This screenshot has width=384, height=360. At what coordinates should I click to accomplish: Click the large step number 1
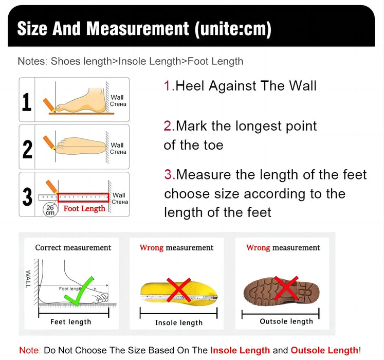[27, 101]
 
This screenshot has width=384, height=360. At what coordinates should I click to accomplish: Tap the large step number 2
[27, 149]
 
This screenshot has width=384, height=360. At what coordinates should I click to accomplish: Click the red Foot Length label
[84, 209]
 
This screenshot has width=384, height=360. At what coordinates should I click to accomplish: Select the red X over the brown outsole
[286, 289]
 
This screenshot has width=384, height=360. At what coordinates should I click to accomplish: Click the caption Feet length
[70, 322]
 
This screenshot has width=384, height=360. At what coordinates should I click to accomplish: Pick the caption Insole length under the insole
[178, 323]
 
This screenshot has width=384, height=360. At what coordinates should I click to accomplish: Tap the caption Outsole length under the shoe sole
[286, 321]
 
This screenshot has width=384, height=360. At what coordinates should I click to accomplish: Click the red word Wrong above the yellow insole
[151, 247]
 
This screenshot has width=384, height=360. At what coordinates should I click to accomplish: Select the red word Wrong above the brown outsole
[258, 247]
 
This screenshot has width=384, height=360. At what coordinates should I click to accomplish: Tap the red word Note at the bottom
[29, 350]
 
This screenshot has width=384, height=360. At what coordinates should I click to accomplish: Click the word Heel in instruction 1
[190, 85]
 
